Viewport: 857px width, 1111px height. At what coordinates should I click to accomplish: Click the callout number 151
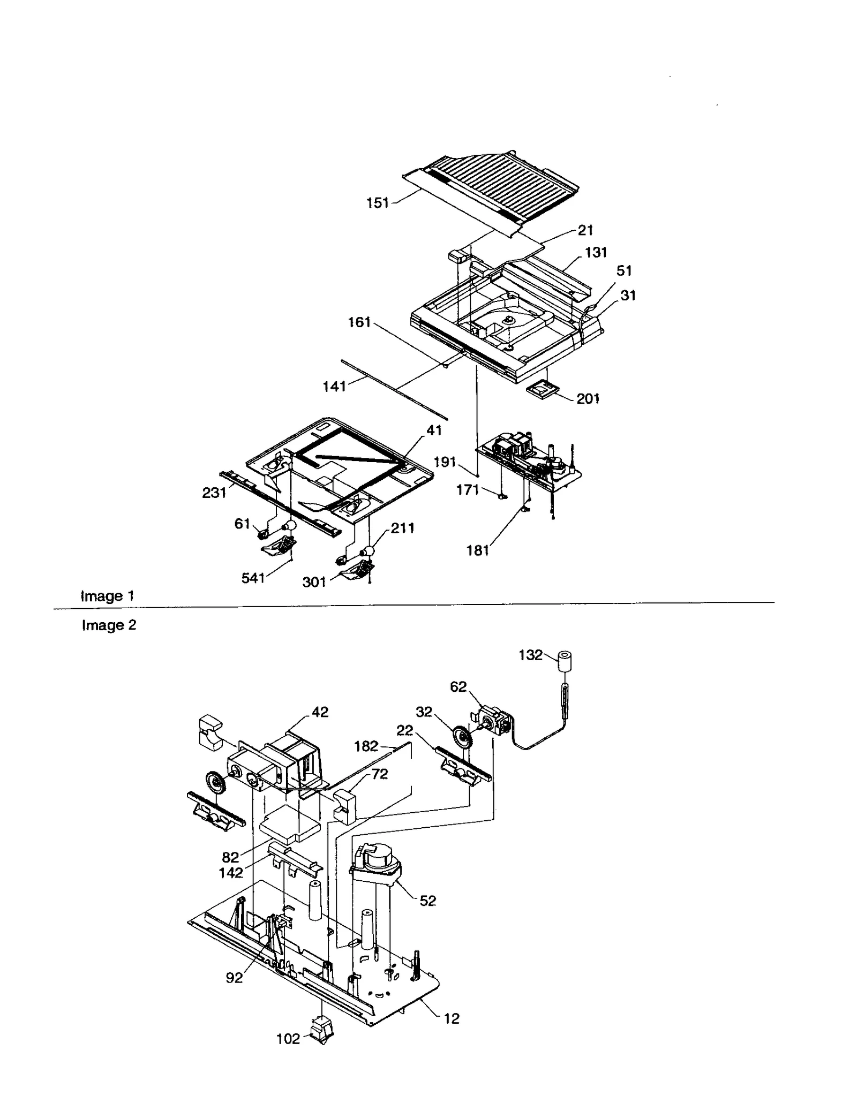click(x=377, y=203)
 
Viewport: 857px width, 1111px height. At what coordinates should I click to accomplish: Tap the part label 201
click(x=588, y=399)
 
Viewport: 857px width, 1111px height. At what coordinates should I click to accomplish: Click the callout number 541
click(x=253, y=578)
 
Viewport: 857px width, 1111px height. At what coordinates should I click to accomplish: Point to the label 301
click(x=314, y=583)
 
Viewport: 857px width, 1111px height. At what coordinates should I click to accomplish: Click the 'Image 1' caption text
click(x=107, y=596)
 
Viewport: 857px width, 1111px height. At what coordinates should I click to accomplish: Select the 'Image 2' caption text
click(x=109, y=625)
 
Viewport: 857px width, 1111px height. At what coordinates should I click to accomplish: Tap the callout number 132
click(x=530, y=655)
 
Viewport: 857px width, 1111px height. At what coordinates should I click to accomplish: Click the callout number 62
click(x=458, y=686)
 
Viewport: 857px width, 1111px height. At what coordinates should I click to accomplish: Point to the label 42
click(x=320, y=712)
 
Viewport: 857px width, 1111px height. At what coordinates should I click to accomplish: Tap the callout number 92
click(x=234, y=978)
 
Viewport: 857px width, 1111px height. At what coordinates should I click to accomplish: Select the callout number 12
click(x=452, y=1018)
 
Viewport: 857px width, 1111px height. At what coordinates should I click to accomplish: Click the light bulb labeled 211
click(x=369, y=551)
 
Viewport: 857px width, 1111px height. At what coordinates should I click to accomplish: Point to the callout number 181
click(x=477, y=550)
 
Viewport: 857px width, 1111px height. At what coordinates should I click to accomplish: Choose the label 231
click(x=214, y=493)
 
